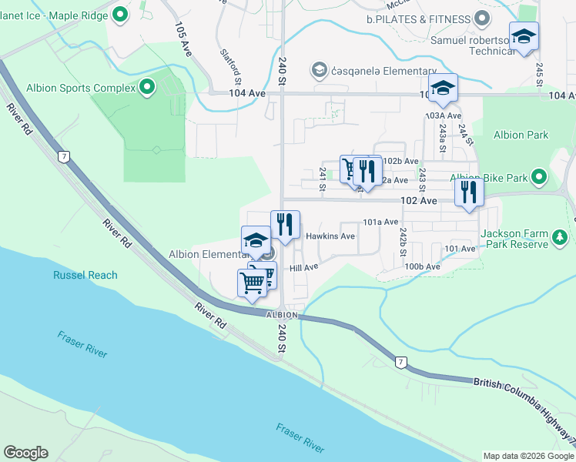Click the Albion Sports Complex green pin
(x=146, y=88)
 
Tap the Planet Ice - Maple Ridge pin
(x=120, y=14)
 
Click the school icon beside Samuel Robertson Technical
(x=524, y=37)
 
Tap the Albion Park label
(x=521, y=135)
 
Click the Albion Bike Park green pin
(x=539, y=178)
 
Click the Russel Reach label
(x=85, y=275)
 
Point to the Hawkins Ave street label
(x=330, y=236)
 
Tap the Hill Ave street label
(x=303, y=268)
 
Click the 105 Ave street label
(x=183, y=39)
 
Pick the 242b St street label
(x=403, y=242)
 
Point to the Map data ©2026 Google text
(x=527, y=456)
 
